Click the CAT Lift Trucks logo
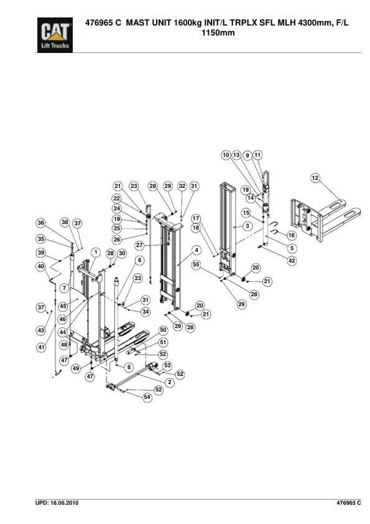55,35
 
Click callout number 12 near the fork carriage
315,178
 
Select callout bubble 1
96,252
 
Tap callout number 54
147,397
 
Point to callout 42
292,261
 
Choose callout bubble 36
41,223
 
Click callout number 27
139,245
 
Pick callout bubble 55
196,264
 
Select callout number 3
247,226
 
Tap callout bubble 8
129,367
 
